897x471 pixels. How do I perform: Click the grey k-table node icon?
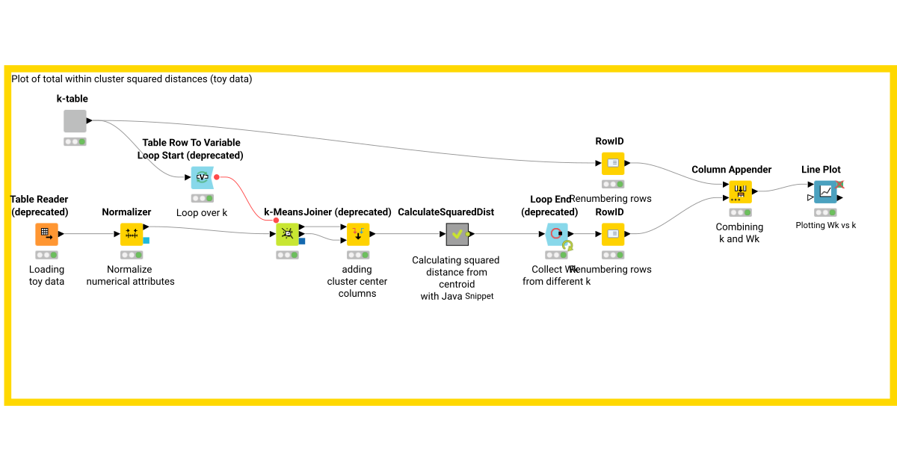(75, 121)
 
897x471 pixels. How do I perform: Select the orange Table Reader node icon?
(47, 234)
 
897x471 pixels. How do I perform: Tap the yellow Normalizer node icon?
(132, 234)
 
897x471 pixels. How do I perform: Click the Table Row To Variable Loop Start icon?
(202, 177)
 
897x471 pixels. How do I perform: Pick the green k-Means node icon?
(286, 234)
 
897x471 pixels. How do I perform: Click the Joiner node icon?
(358, 234)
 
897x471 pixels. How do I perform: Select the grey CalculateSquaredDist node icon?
(457, 234)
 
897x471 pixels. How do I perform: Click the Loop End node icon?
(557, 234)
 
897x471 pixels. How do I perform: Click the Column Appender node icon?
(740, 191)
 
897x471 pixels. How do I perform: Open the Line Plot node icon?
(825, 191)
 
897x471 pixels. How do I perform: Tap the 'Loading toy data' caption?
(47, 275)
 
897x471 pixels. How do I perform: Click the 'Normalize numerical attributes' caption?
(130, 275)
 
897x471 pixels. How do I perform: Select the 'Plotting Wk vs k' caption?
(825, 225)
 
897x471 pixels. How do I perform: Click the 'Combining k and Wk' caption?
(739, 233)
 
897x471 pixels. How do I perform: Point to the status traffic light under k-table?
(75, 141)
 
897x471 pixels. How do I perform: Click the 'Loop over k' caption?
(201, 212)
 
